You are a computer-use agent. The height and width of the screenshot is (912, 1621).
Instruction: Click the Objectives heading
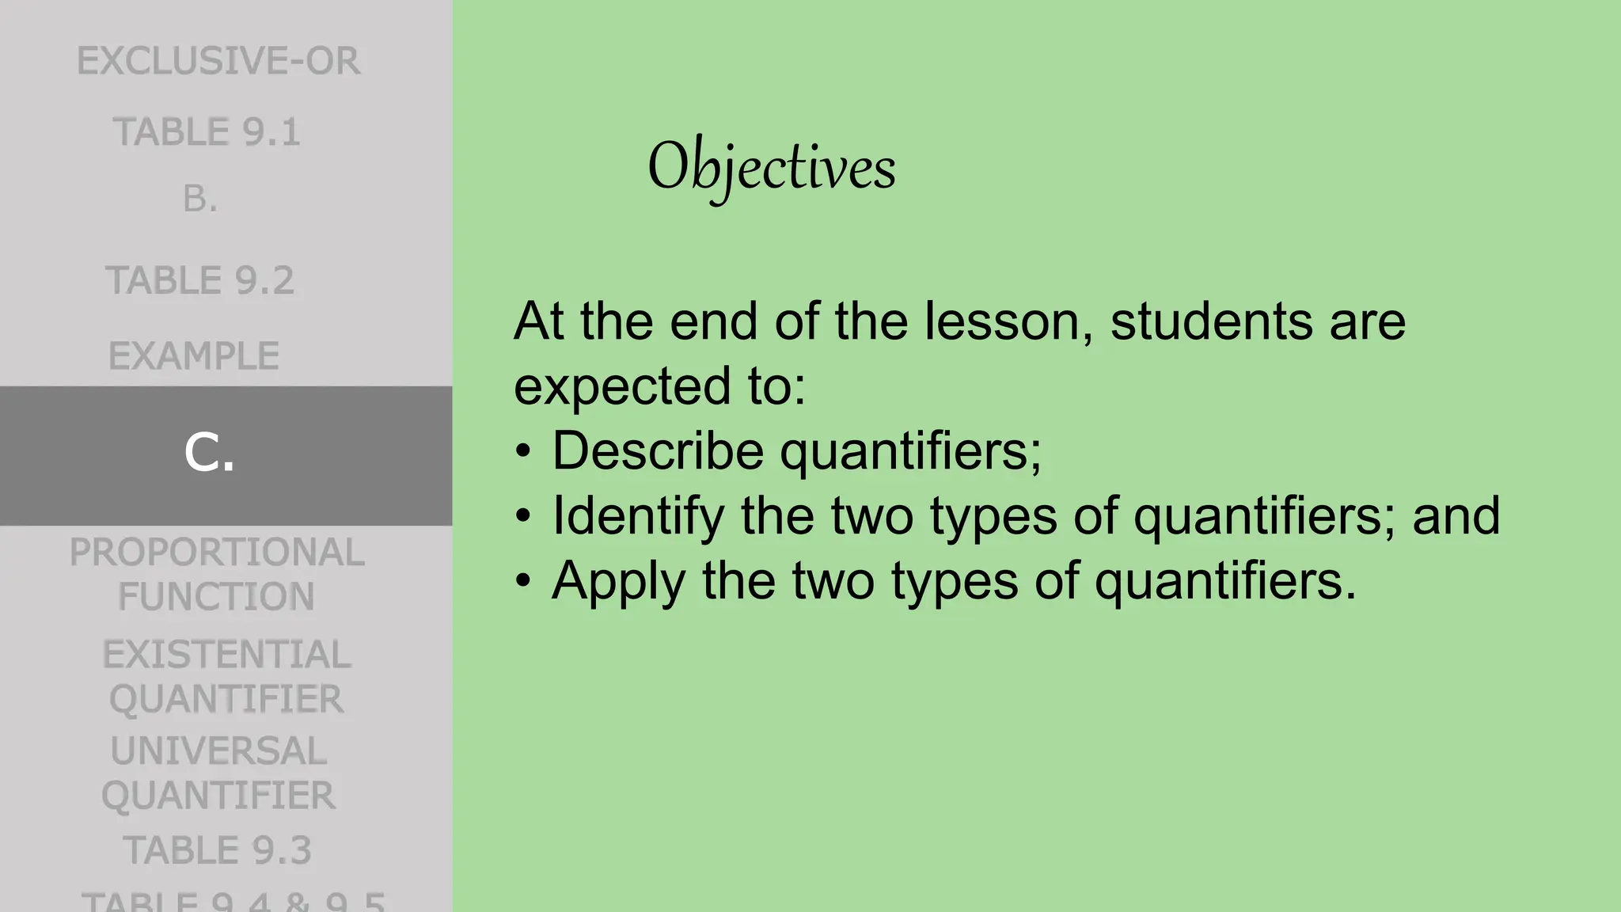point(771,167)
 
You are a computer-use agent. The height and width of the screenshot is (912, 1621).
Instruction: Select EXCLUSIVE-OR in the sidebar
point(218,62)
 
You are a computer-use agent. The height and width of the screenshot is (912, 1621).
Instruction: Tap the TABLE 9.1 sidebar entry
point(207,132)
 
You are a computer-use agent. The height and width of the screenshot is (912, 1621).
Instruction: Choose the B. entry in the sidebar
point(199,199)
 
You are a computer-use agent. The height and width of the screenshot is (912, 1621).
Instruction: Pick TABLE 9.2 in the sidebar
point(200,281)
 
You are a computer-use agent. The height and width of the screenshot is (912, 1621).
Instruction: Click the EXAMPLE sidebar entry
point(194,356)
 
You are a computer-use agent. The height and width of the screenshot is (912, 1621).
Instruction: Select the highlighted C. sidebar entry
point(210,454)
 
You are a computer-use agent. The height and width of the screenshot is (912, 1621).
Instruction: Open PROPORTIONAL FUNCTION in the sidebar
point(216,574)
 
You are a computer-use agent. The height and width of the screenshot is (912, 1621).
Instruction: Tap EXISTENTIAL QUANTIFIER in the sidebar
point(226,677)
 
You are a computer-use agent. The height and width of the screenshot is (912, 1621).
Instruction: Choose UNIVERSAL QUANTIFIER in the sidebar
point(218,773)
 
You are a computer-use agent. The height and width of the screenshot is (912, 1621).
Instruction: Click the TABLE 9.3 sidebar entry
point(217,850)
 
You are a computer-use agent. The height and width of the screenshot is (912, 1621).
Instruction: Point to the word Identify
point(638,516)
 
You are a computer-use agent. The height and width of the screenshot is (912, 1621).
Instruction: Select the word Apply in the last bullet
point(618,581)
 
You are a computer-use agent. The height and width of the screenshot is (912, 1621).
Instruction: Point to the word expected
point(622,386)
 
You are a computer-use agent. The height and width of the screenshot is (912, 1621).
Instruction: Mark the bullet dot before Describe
point(523,451)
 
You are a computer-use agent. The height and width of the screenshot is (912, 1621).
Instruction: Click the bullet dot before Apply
point(523,581)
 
